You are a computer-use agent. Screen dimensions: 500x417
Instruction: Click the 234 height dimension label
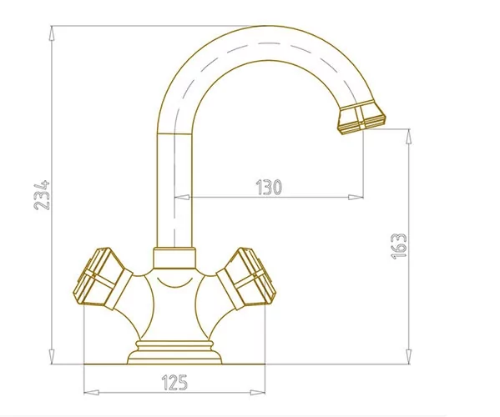42,195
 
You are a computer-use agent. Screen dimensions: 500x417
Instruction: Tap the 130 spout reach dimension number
269,187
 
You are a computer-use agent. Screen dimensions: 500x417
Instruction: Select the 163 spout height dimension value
399,246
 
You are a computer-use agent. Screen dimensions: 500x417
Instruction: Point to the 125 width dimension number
174,382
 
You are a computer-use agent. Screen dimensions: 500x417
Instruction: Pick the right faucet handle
246,279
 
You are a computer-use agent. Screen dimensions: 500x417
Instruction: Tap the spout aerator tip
361,118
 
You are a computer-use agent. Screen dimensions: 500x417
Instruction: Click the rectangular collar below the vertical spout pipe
174,258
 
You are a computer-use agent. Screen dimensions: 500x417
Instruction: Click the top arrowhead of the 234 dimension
53,33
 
